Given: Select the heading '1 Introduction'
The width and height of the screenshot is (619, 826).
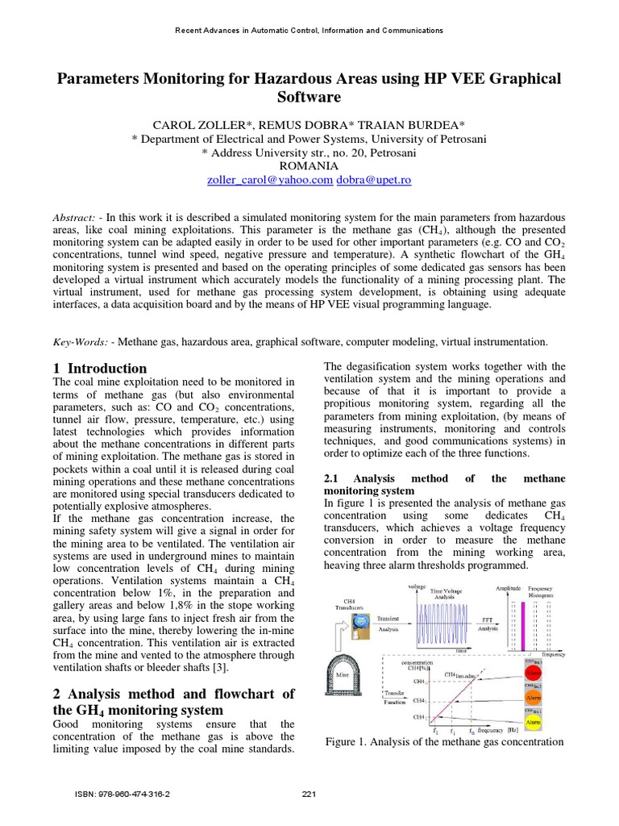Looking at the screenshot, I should (x=100, y=368).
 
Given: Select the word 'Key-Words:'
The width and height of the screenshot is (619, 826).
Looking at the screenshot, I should (x=81, y=342).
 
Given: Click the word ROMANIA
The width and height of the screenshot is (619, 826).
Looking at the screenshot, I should (x=309, y=166).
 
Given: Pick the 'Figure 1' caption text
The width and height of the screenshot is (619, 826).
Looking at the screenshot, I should (x=444, y=741).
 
